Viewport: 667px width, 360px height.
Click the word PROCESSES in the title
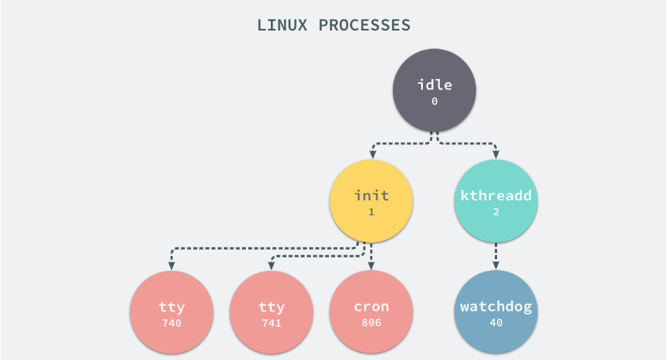(x=364, y=25)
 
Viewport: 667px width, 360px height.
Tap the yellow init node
(x=371, y=201)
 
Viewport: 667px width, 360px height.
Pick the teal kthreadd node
(x=496, y=201)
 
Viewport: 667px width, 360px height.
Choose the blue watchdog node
(x=496, y=311)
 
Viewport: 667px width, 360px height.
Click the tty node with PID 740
(x=171, y=311)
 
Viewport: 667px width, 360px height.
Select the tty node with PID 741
(x=271, y=311)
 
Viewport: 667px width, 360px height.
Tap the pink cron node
(x=371, y=311)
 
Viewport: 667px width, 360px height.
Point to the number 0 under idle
(x=434, y=102)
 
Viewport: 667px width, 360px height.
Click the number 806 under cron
(x=371, y=322)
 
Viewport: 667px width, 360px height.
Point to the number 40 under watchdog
(x=496, y=322)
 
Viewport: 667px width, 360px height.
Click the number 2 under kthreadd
(x=496, y=212)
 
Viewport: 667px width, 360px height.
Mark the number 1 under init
(x=371, y=212)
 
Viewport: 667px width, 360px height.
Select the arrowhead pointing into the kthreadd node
(x=496, y=155)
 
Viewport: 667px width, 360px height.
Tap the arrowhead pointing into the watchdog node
(x=496, y=265)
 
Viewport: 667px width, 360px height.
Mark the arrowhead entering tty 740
(x=171, y=265)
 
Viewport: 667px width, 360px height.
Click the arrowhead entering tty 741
(x=271, y=265)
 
